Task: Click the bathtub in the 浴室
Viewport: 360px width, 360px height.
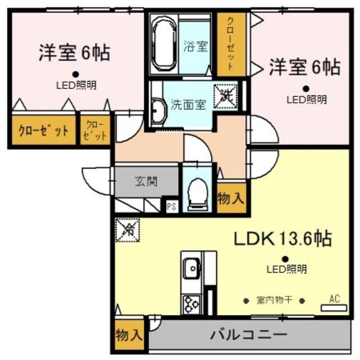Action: coord(164,44)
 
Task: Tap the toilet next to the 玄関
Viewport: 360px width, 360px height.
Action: coord(197,194)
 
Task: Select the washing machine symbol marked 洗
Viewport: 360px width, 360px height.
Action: coord(225,96)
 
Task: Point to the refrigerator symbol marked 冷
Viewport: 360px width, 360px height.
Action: coord(128,230)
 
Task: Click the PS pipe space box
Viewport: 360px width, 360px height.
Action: coord(172,207)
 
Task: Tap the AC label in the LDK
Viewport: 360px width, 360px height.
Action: coord(334,299)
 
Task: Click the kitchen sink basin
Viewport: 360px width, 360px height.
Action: coord(192,268)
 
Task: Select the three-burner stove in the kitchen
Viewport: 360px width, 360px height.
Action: coord(192,304)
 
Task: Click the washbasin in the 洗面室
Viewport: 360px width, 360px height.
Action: coord(159,111)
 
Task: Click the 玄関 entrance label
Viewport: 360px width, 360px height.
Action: coord(146,181)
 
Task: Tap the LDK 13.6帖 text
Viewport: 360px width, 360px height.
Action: coord(282,238)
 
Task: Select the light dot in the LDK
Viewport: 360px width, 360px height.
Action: coord(285,259)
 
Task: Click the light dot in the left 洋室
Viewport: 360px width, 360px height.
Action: coord(76,74)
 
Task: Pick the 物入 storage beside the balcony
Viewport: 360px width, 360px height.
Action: coord(129,335)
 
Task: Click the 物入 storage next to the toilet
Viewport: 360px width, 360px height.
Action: coord(231,198)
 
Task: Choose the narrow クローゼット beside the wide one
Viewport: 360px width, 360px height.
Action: coord(95,130)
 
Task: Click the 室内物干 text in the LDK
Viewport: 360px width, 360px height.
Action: coord(274,300)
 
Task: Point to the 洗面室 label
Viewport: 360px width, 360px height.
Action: coord(188,105)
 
